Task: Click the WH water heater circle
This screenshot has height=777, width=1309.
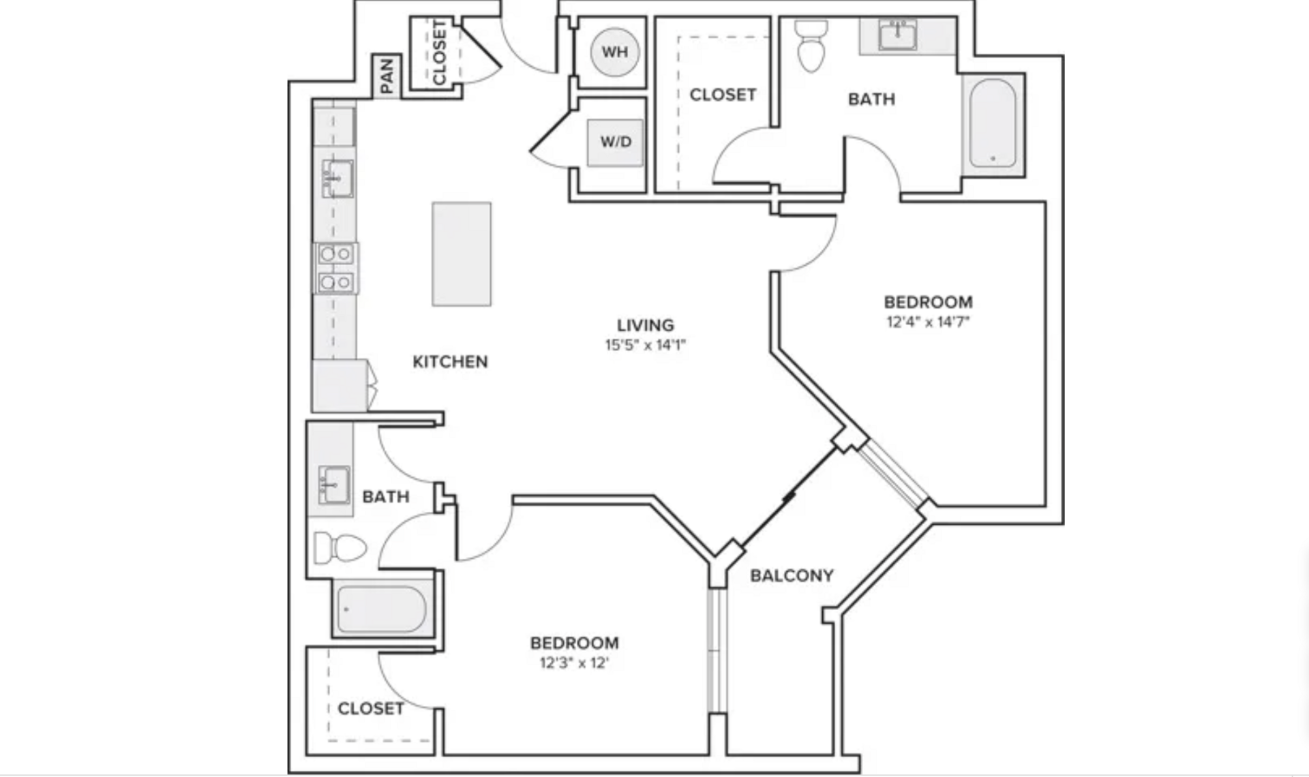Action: click(614, 52)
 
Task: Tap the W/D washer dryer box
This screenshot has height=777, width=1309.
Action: click(615, 142)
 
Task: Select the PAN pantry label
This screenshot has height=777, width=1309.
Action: click(387, 76)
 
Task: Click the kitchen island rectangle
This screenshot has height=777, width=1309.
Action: click(462, 254)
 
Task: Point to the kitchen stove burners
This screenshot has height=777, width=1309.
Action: click(336, 268)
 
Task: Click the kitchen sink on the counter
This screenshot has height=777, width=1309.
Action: click(337, 179)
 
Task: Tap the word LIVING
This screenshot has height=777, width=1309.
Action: click(645, 325)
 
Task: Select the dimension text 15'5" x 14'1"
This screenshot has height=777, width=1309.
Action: click(645, 345)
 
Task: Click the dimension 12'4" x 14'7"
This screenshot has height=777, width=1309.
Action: click(928, 322)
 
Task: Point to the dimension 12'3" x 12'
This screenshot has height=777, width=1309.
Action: click(574, 662)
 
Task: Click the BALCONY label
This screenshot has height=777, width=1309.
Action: click(792, 576)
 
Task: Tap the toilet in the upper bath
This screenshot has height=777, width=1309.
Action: click(811, 45)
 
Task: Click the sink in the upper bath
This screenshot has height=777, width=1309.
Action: click(898, 34)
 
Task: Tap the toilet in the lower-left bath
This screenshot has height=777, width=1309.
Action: click(340, 548)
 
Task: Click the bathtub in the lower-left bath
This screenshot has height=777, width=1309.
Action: click(382, 609)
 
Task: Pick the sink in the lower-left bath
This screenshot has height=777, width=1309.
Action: click(334, 485)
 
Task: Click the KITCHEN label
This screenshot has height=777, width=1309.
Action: click(450, 362)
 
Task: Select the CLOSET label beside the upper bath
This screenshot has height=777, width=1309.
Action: click(723, 95)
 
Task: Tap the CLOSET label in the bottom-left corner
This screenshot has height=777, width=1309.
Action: click(370, 709)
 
